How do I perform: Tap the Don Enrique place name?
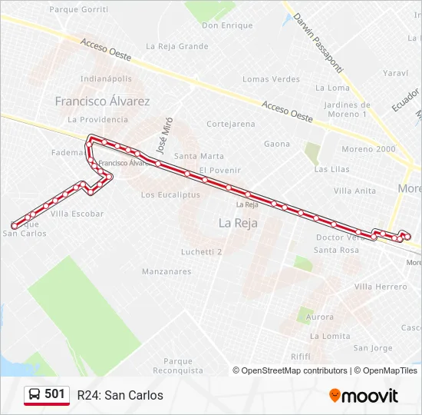pos(227,25)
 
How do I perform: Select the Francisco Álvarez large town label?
pos(103,101)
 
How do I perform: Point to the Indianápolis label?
pos(106,79)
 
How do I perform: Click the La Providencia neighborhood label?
pos(98,120)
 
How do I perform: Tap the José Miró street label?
pos(161,135)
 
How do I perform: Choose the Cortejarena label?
pos(231,124)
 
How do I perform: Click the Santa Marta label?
pos(199,156)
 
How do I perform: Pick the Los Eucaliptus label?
pos(170,195)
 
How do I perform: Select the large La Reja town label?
pos(238,223)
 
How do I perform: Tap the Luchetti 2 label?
pos(201,251)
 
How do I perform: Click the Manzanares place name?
pos(166,271)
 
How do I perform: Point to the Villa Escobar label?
pos(77,214)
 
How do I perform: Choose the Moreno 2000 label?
pos(368,149)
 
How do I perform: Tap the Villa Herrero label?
pos(381,287)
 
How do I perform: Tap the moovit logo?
pos(364,396)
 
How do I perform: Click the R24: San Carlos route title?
pos(120,396)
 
